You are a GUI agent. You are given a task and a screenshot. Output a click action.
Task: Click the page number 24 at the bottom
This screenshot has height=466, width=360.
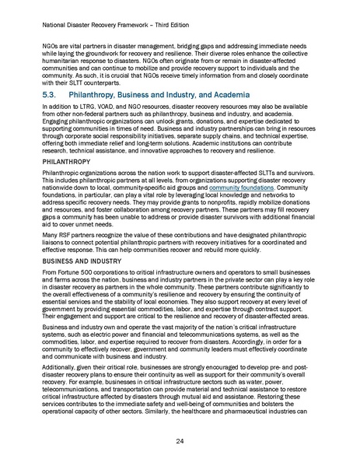[x=180, y=441]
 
